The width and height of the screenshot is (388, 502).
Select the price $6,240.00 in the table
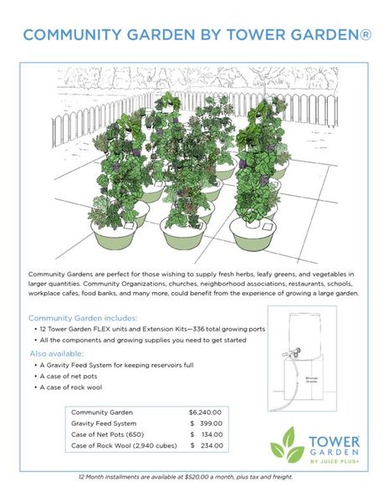pyautogui.click(x=205, y=412)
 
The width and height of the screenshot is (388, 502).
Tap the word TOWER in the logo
pyautogui.click(x=334, y=439)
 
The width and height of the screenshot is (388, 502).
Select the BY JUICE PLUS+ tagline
pyautogui.click(x=334, y=461)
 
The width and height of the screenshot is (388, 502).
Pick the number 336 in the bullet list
pyautogui.click(x=184, y=330)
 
